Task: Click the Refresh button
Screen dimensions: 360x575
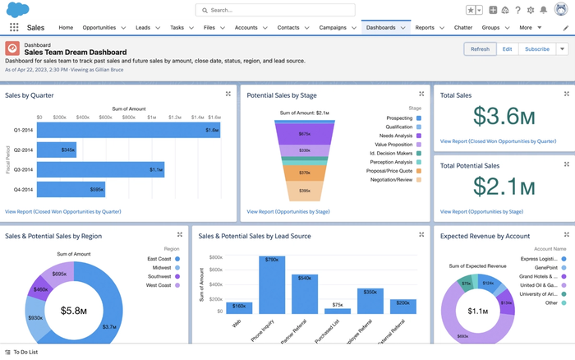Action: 480,48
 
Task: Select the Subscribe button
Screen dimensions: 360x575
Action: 536,48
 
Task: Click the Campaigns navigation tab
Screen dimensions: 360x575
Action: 333,28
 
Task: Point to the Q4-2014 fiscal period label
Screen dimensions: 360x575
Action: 23,190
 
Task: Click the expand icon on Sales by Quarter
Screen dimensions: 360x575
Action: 228,95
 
